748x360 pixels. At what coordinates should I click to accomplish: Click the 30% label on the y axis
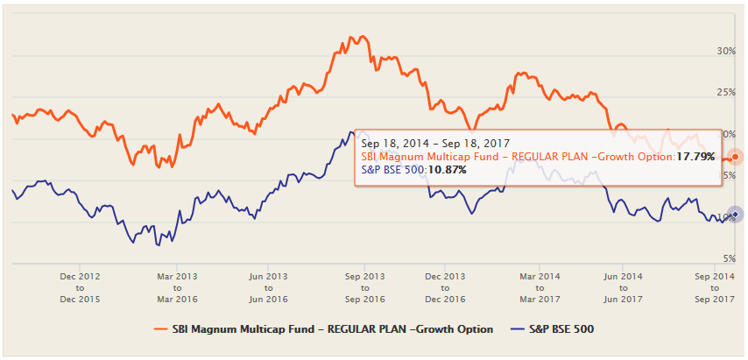[x=725, y=52]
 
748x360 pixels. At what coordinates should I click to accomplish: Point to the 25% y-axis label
[x=725, y=93]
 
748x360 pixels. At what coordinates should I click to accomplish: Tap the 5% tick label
[x=728, y=258]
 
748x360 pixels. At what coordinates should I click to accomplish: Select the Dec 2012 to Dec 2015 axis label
[x=80, y=286]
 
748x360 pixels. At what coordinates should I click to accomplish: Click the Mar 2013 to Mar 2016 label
[x=176, y=286]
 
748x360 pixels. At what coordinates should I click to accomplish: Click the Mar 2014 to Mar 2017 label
[x=539, y=286]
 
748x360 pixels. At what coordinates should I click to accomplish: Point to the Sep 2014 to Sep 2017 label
[x=714, y=286]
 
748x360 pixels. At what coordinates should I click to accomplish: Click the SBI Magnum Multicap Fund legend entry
[x=332, y=329]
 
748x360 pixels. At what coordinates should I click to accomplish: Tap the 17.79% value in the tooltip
[x=696, y=157]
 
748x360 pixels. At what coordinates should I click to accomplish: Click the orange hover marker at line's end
[x=736, y=157]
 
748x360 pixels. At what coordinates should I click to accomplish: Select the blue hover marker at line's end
[x=736, y=214]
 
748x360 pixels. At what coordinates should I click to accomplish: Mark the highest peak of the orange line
[x=352, y=37]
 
